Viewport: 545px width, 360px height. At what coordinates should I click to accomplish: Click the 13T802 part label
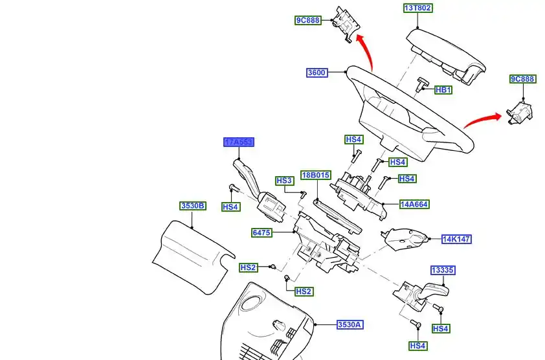(x=418, y=8)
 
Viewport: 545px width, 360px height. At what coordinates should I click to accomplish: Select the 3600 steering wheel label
(x=317, y=73)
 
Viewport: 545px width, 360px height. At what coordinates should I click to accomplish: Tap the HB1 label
(x=443, y=90)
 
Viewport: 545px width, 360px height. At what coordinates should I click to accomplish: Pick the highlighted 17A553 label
(x=238, y=142)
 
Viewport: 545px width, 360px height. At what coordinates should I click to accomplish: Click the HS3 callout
(x=285, y=181)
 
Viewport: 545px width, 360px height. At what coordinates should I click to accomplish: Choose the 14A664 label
(x=414, y=205)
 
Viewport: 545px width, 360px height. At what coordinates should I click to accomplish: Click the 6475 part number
(x=262, y=232)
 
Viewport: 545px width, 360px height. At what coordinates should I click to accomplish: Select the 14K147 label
(x=456, y=239)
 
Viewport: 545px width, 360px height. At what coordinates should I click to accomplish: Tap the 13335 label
(x=443, y=270)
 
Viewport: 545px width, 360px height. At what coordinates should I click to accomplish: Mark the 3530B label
(x=193, y=206)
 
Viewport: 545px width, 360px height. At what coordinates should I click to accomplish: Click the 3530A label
(x=350, y=325)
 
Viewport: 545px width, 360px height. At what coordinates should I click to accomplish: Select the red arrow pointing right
(x=482, y=118)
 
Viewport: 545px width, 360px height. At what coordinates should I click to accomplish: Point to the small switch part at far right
(x=520, y=111)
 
